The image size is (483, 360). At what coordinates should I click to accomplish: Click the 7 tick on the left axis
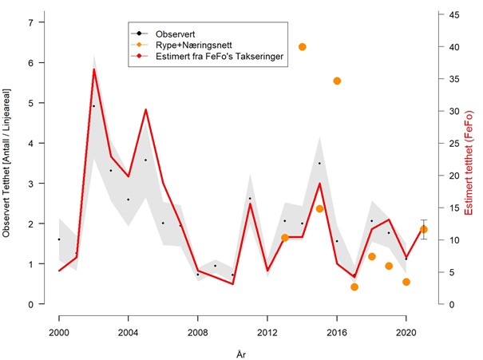click(x=31, y=22)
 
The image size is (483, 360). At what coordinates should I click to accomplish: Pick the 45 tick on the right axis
click(x=453, y=15)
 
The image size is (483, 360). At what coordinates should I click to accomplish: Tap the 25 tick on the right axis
click(x=453, y=144)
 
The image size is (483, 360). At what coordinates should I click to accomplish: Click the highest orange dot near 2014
click(x=302, y=47)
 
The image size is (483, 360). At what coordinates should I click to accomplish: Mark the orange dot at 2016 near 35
click(x=337, y=81)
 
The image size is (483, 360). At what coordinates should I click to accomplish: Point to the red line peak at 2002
click(x=93, y=69)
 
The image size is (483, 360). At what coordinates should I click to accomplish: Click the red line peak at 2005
click(x=145, y=109)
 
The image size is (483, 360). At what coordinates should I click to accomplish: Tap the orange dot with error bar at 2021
click(x=423, y=229)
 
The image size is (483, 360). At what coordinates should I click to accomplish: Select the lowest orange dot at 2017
click(x=354, y=287)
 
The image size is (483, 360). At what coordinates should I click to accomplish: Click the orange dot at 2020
click(x=406, y=282)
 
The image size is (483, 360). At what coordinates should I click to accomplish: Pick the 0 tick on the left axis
click(x=31, y=304)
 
